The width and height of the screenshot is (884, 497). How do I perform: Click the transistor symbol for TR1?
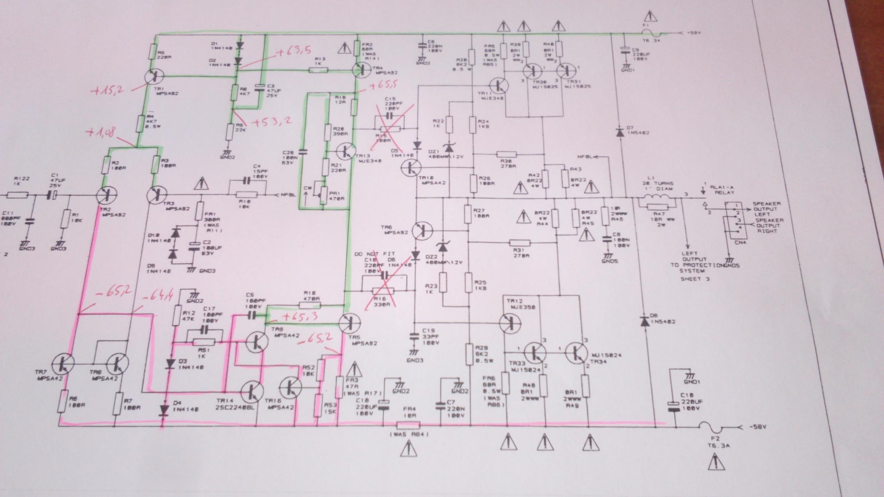(x=153, y=76)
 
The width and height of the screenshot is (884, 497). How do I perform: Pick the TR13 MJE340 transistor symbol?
(x=347, y=151)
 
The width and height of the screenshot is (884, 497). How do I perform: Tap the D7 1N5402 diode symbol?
(x=619, y=132)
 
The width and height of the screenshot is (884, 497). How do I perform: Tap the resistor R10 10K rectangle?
(x=246, y=195)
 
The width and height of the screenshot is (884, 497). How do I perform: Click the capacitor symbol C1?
(x=52, y=195)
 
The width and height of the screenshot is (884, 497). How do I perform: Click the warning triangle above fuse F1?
(x=650, y=17)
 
